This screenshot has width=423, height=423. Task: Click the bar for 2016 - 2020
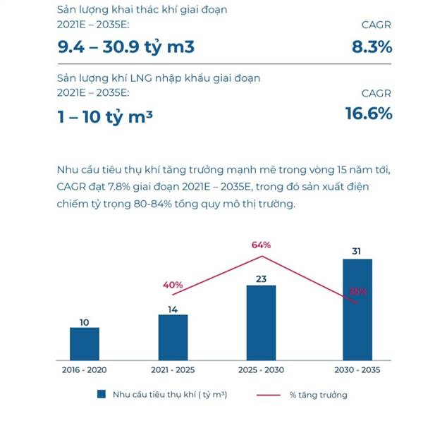coord(85,343)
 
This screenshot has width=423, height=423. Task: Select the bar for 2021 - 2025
coord(173,336)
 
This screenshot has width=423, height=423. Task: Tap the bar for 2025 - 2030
coord(261,321)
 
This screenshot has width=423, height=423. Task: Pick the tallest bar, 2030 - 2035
coord(357,309)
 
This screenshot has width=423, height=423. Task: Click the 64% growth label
coord(262,245)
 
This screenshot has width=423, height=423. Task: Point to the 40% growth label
coord(173,285)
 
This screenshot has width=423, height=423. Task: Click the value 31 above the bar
coord(357,251)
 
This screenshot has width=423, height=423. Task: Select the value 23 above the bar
coord(261,278)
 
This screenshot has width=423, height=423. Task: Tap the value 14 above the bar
coord(173,308)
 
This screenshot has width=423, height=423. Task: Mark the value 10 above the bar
coord(85,322)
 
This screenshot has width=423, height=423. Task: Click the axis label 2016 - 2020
coord(85,370)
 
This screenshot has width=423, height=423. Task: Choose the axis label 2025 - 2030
coord(261,370)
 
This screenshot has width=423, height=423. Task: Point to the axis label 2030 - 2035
coord(357,370)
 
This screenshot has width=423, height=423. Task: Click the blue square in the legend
coord(102,395)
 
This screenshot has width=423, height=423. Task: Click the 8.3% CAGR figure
coord(372,47)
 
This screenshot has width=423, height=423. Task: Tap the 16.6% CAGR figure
coord(368,114)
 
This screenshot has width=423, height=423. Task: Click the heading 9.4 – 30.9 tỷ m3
coord(125,47)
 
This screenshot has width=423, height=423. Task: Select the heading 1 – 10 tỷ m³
coord(105,116)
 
